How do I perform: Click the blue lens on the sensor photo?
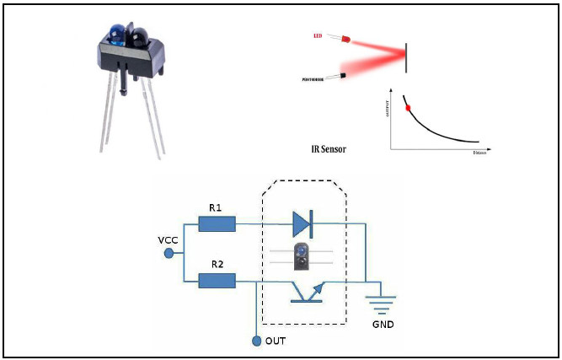click(x=115, y=35)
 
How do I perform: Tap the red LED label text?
click(x=318, y=36)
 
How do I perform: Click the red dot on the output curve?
click(x=409, y=108)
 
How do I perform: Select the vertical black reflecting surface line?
click(x=407, y=56)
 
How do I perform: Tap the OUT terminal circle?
click(x=256, y=341)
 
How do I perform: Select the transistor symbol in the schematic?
click(x=303, y=290)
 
